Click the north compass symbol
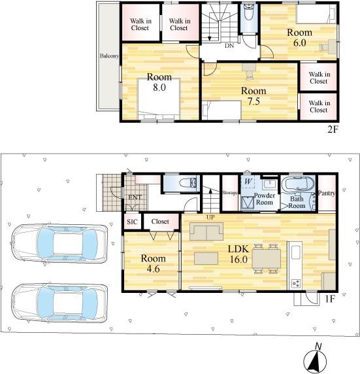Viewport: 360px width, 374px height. point(315,358)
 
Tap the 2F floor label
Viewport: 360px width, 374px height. point(333,129)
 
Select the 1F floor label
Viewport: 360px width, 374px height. point(331,299)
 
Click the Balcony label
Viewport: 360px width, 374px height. point(109,56)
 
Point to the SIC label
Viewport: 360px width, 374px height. point(132,222)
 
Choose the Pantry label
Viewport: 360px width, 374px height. point(327,193)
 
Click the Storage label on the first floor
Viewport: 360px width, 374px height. point(229,192)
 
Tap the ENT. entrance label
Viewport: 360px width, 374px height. point(135,197)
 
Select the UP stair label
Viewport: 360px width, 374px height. point(210,217)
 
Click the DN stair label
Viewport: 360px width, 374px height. point(229,46)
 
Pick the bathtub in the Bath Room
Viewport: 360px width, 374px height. point(298,184)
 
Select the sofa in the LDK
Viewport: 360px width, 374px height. point(206,231)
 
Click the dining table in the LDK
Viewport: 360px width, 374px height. point(267,259)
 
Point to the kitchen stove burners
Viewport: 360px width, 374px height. point(296,284)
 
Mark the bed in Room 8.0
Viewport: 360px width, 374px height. point(159,99)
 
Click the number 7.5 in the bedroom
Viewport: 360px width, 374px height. point(254,101)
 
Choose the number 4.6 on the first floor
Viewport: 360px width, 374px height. point(153,269)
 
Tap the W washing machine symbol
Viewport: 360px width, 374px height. point(248,182)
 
